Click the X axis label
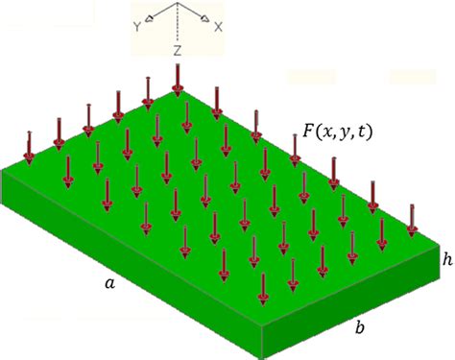point(218,28)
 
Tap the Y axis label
point(137,29)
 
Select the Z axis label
point(179,48)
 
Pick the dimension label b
point(359,328)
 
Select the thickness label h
point(446,259)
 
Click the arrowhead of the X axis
point(204,22)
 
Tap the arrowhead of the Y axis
point(152,22)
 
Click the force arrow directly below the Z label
point(178,81)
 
